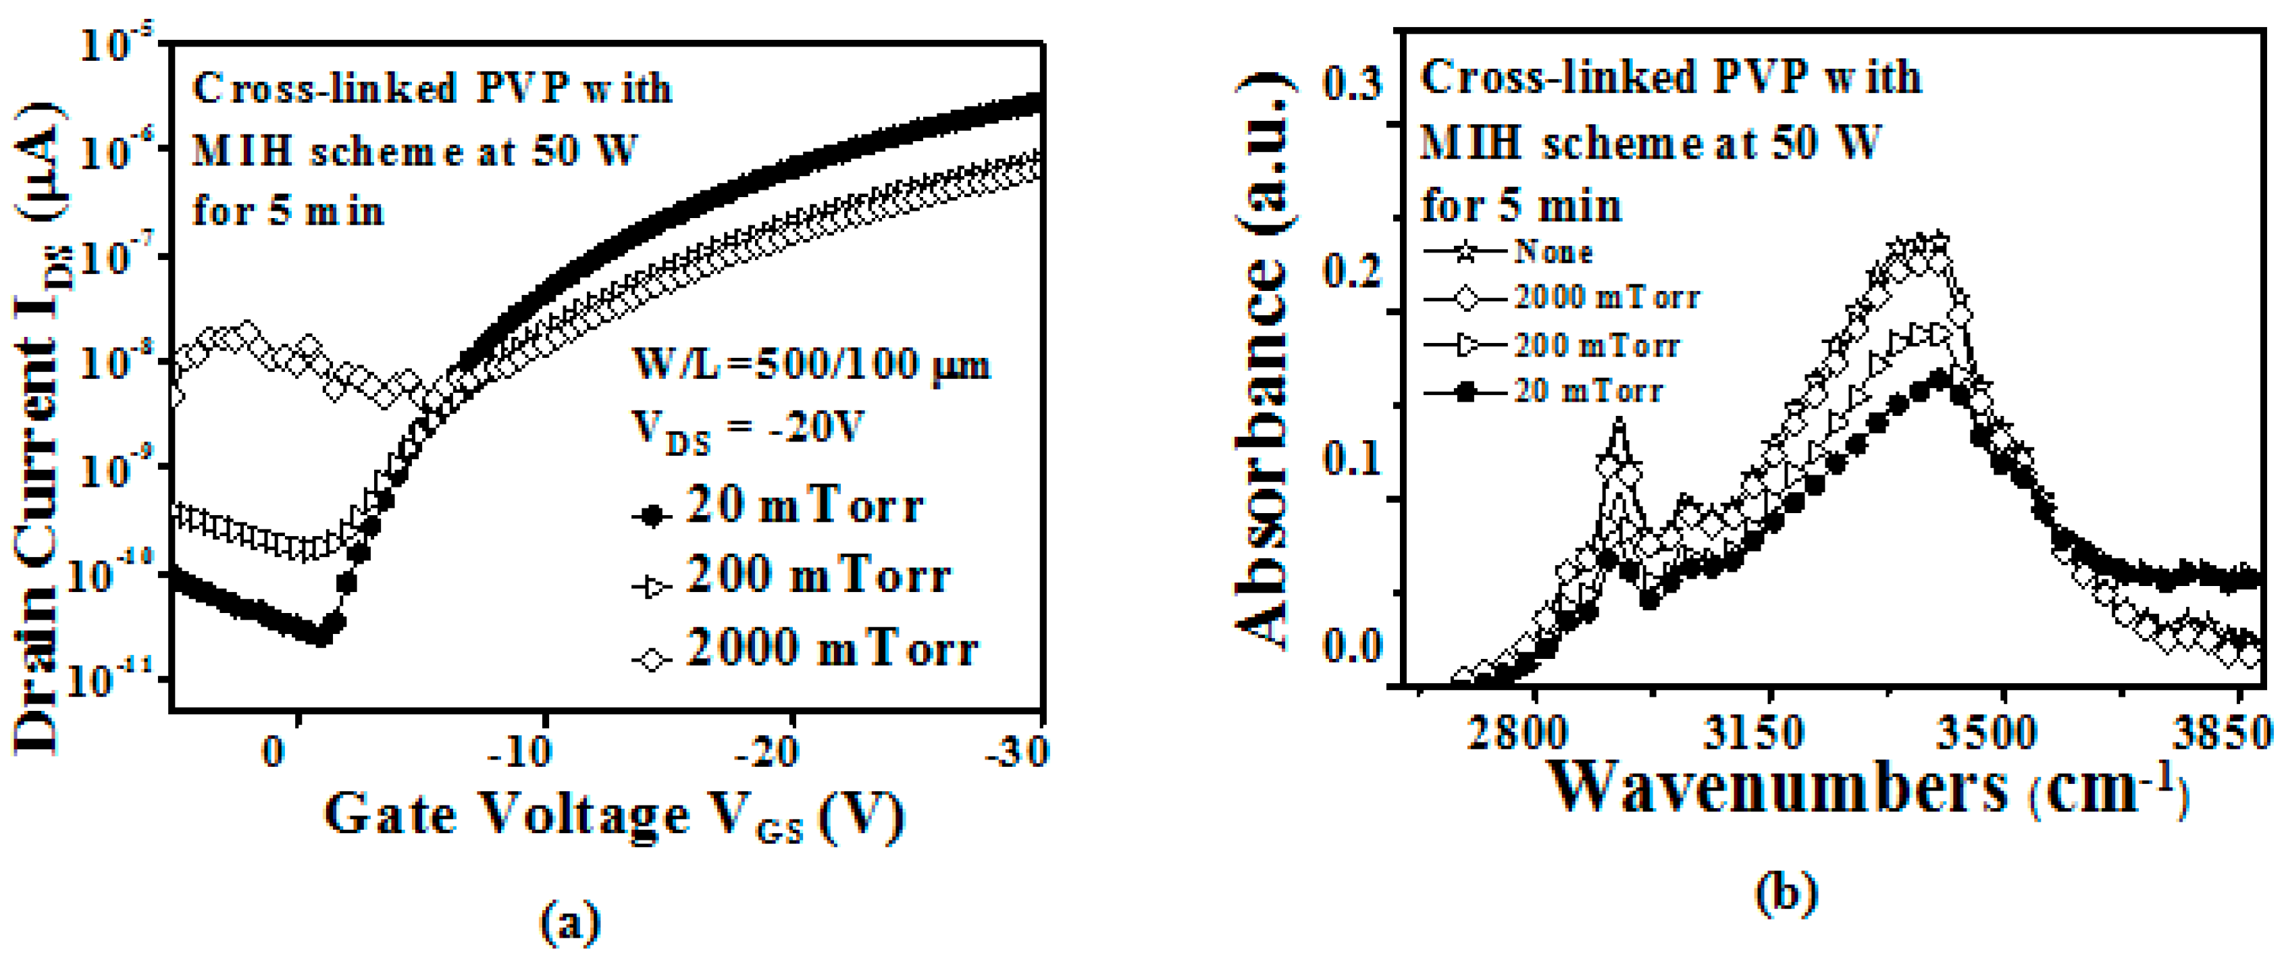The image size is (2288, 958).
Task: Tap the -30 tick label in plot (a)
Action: [1018, 753]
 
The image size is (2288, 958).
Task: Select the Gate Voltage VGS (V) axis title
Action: [613, 815]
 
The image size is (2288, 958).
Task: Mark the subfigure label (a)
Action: [570, 924]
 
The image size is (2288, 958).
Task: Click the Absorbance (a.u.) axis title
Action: [1262, 360]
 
